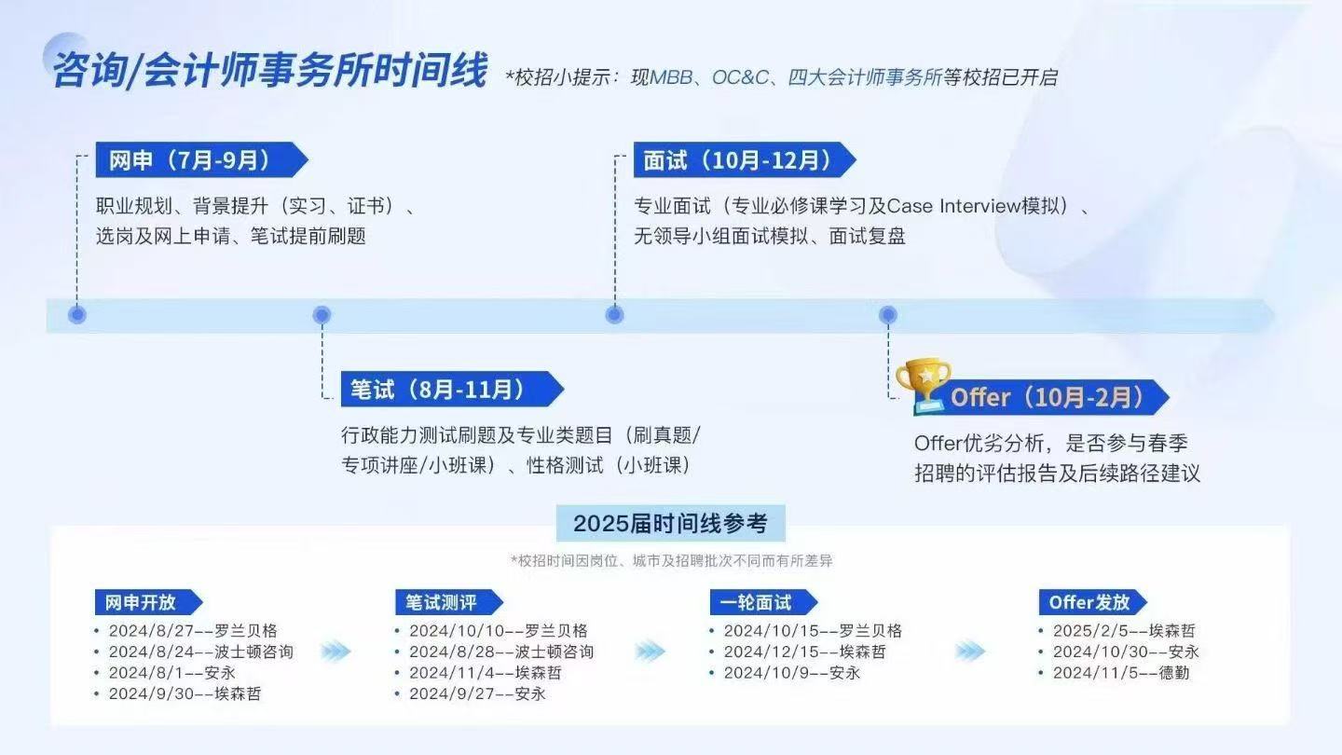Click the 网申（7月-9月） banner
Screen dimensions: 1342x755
[201, 160]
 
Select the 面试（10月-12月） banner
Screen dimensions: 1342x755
[745, 160]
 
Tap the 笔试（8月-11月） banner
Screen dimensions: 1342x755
[452, 390]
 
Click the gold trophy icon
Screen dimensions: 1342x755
[923, 386]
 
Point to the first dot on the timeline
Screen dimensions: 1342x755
[76, 315]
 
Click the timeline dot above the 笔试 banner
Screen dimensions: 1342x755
[322, 315]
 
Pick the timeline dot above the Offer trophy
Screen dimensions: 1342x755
[888, 315]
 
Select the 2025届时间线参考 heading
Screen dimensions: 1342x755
[670, 523]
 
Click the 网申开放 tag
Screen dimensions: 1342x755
[148, 602]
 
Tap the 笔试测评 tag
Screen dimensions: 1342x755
[449, 602]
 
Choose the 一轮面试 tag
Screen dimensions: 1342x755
[763, 602]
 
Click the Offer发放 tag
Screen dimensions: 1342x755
[1093, 602]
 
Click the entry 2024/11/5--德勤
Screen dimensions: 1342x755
[1121, 673]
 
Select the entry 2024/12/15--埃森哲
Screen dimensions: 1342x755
[804, 652]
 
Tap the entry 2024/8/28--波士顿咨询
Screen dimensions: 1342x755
[501, 652]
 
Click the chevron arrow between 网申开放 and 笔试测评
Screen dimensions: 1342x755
[336, 652]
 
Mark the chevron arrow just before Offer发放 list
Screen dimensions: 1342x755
[970, 652]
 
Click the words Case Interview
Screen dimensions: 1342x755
[953, 206]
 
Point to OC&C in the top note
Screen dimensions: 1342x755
[740, 77]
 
